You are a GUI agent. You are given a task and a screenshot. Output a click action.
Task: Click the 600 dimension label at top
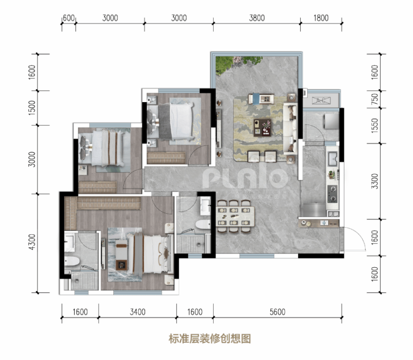tap(69, 18)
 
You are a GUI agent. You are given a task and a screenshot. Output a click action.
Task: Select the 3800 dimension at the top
tap(257, 18)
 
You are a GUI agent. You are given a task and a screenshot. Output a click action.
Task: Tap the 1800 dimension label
tap(321, 18)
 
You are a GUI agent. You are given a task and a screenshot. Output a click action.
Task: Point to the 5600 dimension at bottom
tap(277, 312)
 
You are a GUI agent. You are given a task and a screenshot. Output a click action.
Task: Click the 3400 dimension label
tap(137, 312)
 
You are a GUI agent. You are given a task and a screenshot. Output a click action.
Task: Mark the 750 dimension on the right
tap(374, 99)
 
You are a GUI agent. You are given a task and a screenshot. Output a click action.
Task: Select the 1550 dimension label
tap(374, 126)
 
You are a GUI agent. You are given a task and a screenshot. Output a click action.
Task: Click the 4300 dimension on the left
tap(32, 242)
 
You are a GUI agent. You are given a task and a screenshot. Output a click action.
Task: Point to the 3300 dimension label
tap(374, 181)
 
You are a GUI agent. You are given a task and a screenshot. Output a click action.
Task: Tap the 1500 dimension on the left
tap(32, 108)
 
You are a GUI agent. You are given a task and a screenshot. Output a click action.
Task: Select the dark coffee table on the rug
tap(262, 127)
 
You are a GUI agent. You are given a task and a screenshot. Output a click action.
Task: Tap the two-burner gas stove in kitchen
tap(333, 194)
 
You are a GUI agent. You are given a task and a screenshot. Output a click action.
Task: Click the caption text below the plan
tap(210, 339)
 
